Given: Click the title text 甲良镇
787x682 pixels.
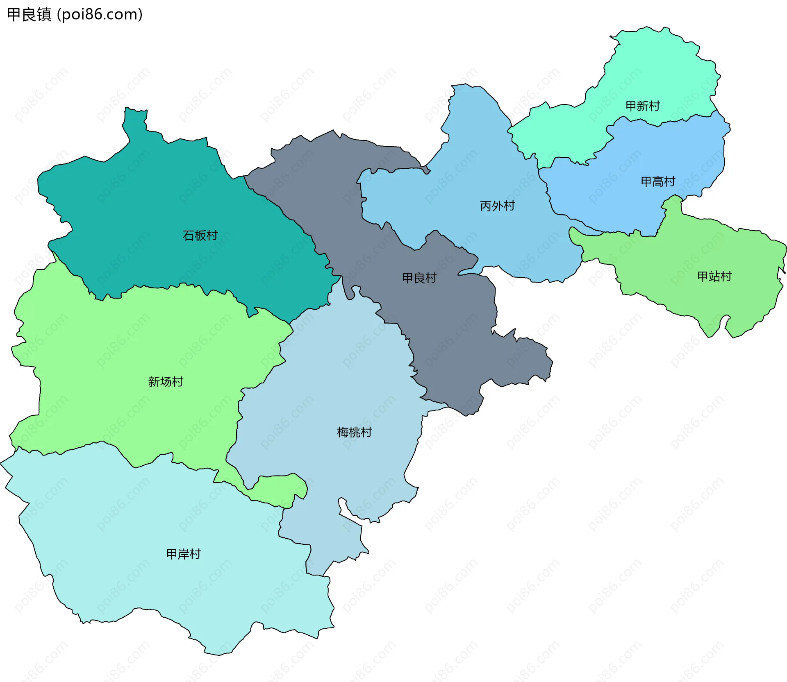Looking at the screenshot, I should (30, 14).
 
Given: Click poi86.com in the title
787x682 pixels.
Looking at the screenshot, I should (100, 14).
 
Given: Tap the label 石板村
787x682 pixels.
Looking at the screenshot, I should (200, 236).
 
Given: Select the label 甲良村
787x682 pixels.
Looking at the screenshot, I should (419, 278).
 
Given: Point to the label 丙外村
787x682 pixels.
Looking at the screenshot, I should (497, 206).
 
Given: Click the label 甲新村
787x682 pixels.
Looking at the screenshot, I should (642, 106).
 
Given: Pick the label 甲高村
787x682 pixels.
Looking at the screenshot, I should (658, 181).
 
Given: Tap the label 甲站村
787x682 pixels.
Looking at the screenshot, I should (714, 276).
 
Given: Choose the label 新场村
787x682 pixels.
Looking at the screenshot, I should (166, 382).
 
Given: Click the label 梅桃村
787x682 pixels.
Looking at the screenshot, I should (354, 432).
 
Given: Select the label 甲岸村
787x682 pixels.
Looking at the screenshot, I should (184, 554).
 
